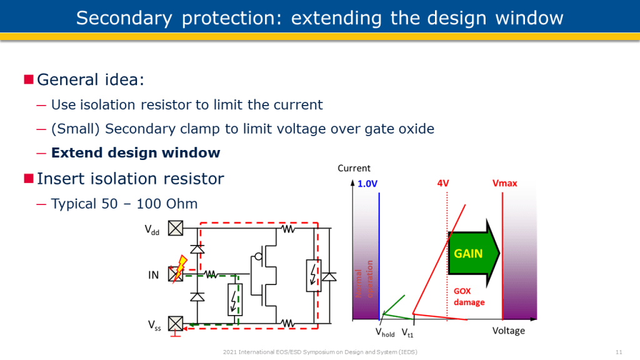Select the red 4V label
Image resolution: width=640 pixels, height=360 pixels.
coord(443,184)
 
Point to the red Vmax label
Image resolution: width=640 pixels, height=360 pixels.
coord(505,184)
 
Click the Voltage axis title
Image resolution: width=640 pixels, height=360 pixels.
coord(508,331)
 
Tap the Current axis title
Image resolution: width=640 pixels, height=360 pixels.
coord(354,168)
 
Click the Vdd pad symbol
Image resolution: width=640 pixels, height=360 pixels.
coord(176,229)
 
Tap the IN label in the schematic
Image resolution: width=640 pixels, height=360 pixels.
coord(153,274)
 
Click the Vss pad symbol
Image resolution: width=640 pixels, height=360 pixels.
coord(176,324)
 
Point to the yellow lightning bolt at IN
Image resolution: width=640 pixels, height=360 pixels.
coord(181,266)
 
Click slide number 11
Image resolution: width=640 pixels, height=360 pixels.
coord(619,352)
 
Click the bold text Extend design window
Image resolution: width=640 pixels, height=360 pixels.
coord(136,152)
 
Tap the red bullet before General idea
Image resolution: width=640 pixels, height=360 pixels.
coord(28,79)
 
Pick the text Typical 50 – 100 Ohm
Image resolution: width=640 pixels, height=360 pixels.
coord(124,204)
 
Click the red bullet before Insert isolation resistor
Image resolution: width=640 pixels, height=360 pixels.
coord(28,179)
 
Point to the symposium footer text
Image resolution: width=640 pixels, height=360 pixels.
coord(319,352)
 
